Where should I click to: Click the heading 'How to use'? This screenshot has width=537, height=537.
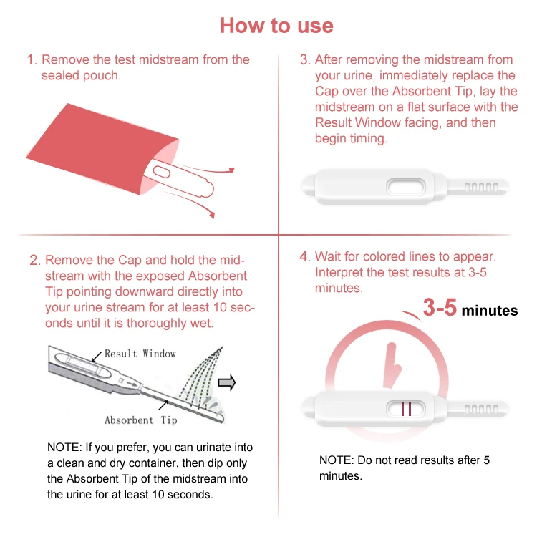(x=276, y=26)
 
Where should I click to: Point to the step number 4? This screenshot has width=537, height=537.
(x=304, y=257)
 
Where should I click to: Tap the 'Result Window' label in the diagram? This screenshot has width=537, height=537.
(x=140, y=354)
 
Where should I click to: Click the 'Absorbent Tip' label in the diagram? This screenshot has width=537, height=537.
(x=140, y=420)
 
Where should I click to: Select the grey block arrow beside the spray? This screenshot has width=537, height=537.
(x=226, y=384)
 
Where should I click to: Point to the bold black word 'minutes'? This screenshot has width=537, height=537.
(x=489, y=311)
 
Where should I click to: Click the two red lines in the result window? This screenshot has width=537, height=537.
(x=406, y=410)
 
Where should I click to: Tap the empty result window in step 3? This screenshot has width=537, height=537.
(x=406, y=188)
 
